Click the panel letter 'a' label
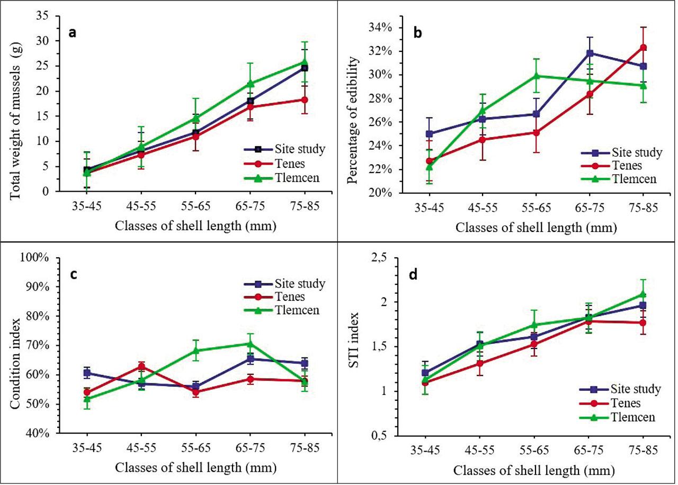[x=73, y=33]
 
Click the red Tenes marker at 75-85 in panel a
[x=305, y=100]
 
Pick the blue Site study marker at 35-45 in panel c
[x=87, y=373]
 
